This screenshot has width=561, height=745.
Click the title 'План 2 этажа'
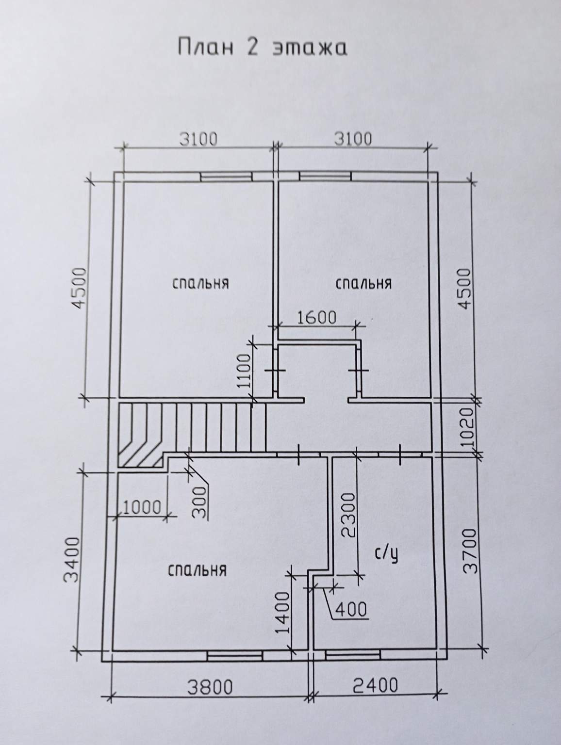[x=262, y=47]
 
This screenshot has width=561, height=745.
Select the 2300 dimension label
[x=349, y=515]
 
